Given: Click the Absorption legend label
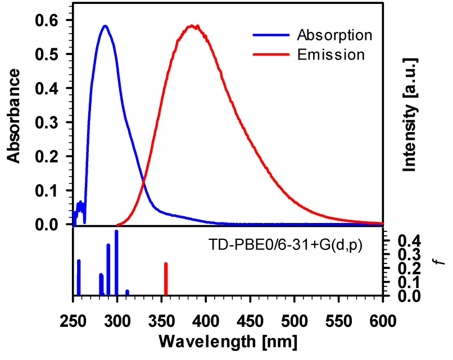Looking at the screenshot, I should point(334,35).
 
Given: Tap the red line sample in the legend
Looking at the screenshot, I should point(272,55).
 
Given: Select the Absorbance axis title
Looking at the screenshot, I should point(15,116).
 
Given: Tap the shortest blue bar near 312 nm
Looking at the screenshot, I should point(128,292).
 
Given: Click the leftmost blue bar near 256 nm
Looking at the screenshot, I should point(79,277).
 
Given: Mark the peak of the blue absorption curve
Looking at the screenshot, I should point(105,26).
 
